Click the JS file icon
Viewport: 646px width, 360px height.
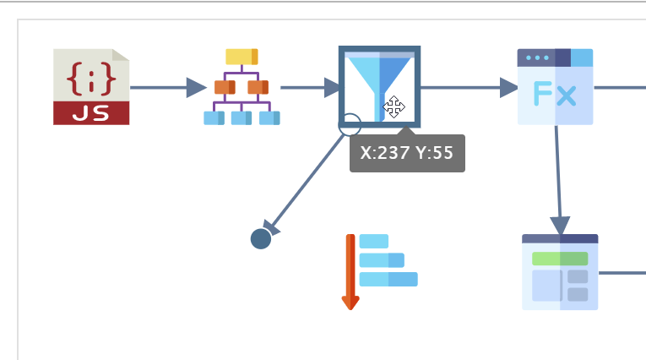[91, 86]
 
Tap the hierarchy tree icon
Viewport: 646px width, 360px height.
[242, 87]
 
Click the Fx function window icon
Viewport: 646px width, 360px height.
[555, 86]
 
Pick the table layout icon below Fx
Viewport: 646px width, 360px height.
[560, 272]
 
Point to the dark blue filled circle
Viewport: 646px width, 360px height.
[261, 238]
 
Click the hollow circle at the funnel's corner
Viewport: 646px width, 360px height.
[350, 125]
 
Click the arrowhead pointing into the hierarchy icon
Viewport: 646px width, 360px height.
[196, 87]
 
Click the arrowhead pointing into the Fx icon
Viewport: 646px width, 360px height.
[509, 87]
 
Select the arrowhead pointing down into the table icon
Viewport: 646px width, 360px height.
[560, 226]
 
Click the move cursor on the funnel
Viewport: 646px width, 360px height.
[394, 107]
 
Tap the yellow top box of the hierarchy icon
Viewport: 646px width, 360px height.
[242, 57]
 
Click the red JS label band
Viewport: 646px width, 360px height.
[91, 113]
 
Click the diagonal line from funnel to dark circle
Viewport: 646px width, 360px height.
[306, 182]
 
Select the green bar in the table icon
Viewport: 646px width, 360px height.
[560, 258]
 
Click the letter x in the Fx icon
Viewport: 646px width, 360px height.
[566, 95]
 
